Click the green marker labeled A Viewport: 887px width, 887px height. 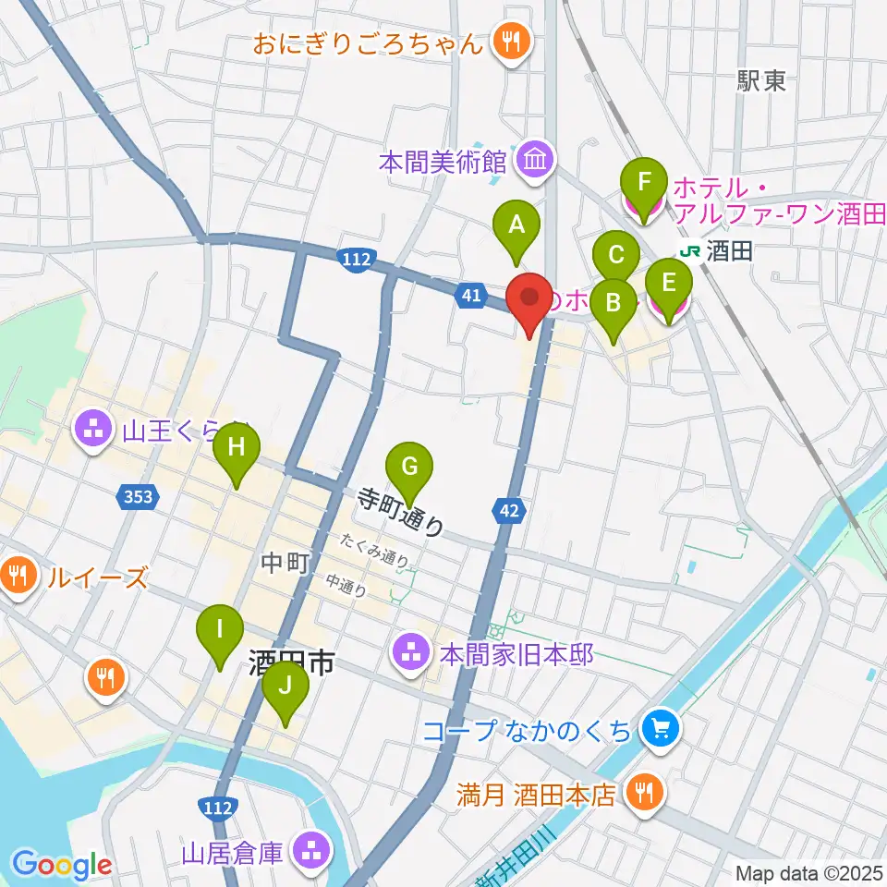pyautogui.click(x=516, y=225)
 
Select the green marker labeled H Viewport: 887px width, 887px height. pyautogui.click(x=237, y=449)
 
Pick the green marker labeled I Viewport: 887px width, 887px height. pyautogui.click(x=219, y=631)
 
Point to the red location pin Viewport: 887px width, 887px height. pyautogui.click(x=529, y=298)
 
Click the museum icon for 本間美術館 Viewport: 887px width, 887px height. pyautogui.click(x=534, y=161)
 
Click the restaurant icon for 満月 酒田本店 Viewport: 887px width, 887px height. pyautogui.click(x=642, y=794)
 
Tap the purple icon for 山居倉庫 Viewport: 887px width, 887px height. pyautogui.click(x=308, y=851)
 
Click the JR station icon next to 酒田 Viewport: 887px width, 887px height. pyautogui.click(x=688, y=250)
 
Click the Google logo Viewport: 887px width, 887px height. pyautogui.click(x=62, y=865)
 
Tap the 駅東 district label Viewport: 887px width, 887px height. pyautogui.click(x=761, y=81)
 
